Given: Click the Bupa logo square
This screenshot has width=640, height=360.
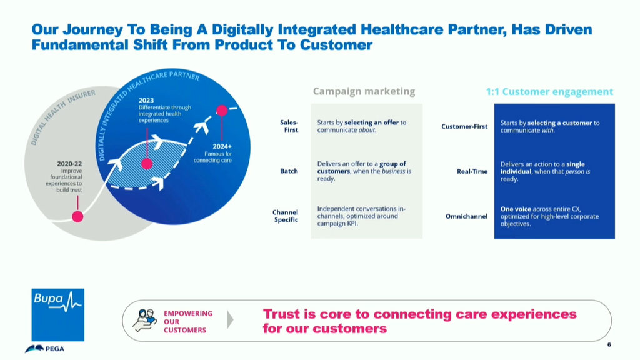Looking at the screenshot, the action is (58, 315).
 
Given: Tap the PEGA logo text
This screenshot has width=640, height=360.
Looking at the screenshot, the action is (55, 349).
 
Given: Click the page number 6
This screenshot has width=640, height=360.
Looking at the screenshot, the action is (609, 345).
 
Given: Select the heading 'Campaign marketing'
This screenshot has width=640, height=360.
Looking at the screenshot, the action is (364, 91).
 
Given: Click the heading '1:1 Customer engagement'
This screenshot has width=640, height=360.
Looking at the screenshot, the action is (549, 92).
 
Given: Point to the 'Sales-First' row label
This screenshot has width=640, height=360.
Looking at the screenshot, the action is (289, 126).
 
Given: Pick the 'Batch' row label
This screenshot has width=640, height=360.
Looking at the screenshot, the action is (289, 171).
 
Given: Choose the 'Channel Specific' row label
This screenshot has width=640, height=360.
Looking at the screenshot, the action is (285, 216).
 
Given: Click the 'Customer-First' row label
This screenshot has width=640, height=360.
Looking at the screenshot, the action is (464, 126).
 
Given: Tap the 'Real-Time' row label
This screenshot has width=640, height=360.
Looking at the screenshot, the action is (472, 171).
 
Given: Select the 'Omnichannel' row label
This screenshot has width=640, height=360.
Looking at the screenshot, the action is (466, 216).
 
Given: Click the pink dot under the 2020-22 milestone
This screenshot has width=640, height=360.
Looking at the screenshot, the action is (77, 216).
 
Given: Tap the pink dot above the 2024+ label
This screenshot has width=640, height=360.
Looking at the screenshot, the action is (222, 110).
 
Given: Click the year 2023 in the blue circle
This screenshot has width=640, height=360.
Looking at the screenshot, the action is (146, 101).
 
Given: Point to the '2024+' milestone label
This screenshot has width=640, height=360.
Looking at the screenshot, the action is (222, 146).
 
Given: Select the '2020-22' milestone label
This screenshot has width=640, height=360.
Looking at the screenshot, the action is (69, 164).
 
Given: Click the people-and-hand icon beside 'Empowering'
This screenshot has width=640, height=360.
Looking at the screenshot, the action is (145, 321).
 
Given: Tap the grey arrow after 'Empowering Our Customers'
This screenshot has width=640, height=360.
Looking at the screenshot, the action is (230, 320).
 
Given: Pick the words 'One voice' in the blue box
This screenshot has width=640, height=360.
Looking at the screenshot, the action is (516, 209).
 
